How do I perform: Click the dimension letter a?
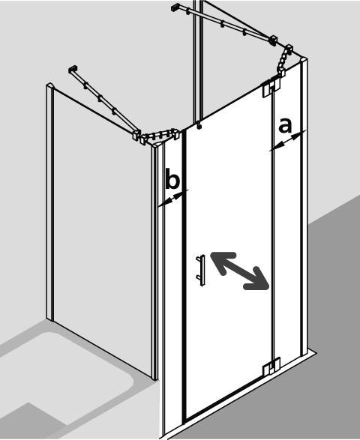tap(285, 125)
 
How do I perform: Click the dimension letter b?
tap(172, 178)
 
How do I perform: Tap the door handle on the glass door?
tap(201, 271)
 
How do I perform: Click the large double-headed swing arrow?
tap(240, 271)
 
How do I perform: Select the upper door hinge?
tap(271, 88)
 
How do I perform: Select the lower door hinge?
tap(271, 366)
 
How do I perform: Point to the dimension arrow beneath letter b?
tap(172, 199)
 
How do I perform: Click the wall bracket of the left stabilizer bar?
tap(73, 69)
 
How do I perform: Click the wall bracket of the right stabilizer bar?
tap(175, 7)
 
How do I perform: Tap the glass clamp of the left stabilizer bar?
tap(136, 135)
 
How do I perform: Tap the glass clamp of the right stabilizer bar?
tap(273, 40)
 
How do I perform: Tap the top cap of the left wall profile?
tap(49, 85)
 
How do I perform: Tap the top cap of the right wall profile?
tap(304, 60)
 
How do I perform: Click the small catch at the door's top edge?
tap(199, 125)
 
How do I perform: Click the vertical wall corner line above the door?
tap(197, 60)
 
